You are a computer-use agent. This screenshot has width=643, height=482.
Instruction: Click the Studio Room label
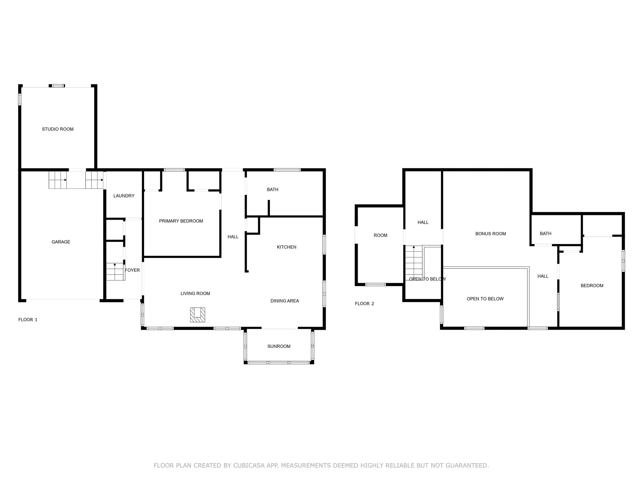point(58,129)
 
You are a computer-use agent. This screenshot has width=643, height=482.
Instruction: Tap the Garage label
point(61,242)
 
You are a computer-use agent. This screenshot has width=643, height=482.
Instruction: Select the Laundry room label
point(124,196)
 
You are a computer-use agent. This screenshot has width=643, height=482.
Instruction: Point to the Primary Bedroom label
point(181,221)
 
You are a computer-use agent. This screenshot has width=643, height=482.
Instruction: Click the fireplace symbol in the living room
point(198,315)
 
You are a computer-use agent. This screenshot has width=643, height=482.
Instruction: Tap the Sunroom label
point(279,346)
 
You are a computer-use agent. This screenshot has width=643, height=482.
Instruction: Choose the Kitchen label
point(287,247)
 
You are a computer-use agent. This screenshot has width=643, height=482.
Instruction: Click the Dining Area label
point(285,301)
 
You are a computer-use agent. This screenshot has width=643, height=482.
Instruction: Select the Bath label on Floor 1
point(273,189)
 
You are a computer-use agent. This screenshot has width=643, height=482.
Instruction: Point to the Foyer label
point(132,270)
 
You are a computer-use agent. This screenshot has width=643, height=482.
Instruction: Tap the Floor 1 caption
point(28,320)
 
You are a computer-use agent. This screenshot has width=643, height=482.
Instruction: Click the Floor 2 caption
point(364,304)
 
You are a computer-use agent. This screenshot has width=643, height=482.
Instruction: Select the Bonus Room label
point(491,234)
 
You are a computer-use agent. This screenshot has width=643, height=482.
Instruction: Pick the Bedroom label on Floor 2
point(592,286)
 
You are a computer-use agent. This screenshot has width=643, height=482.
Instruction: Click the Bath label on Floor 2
point(546,234)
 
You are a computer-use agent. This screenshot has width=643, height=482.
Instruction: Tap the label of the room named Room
point(380,235)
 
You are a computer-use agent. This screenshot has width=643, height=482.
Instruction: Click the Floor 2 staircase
point(414,263)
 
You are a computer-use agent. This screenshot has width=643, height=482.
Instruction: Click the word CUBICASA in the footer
point(248,465)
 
